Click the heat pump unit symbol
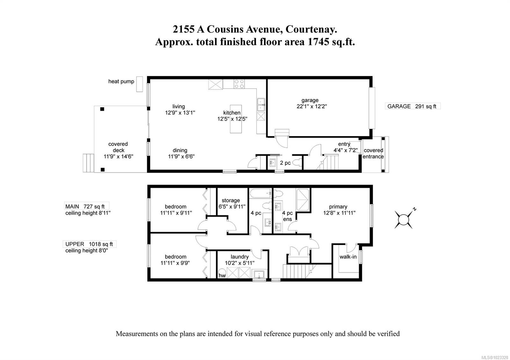pos(139,84)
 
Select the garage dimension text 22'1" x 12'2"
pos(311,107)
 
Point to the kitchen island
pos(236,119)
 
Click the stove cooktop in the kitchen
pos(239,84)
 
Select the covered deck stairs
pos(88,163)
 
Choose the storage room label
pos(231,200)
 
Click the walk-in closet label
pos(348,256)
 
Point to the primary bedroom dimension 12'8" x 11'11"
pos(339,213)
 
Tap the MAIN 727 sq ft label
pos(85,206)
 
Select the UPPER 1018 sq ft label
pos(89,244)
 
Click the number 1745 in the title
pos(318,42)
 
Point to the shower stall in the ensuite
pos(302,200)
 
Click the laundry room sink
pos(259,274)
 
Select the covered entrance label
pos(373,153)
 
